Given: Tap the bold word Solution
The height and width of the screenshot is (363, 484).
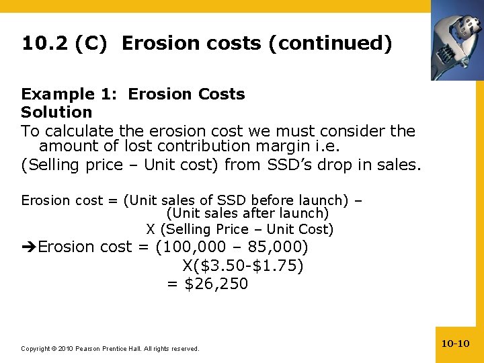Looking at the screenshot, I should (56, 112).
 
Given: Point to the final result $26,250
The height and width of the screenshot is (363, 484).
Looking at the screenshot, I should (216, 284).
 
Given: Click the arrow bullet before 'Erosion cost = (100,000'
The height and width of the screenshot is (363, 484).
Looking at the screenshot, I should (29, 247).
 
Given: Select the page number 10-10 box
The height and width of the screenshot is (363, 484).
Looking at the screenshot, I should (455, 344).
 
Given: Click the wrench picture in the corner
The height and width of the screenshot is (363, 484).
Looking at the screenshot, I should (456, 40).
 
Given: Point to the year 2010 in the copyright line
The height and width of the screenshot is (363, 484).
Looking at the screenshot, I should (66, 349).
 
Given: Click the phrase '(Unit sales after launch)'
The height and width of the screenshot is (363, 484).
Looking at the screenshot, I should (247, 214).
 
